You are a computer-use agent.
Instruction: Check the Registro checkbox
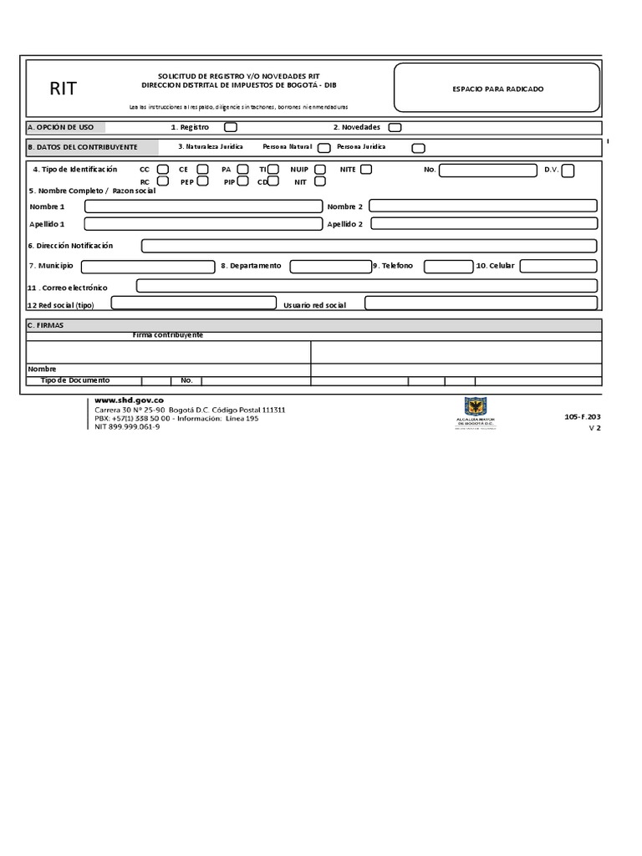231,127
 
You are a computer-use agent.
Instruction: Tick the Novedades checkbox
395,127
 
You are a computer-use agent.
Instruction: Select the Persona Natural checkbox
324,148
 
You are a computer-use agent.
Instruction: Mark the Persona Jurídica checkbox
419,148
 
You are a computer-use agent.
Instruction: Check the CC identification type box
163,170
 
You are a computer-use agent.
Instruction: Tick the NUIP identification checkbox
320,170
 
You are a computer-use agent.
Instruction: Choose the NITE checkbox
366,170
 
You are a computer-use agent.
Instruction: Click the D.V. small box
568,171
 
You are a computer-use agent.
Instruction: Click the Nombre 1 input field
203,206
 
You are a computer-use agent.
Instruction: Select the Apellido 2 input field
483,223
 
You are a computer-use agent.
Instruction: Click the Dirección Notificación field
369,246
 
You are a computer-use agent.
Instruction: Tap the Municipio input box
148,266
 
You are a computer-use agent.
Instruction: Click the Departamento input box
329,266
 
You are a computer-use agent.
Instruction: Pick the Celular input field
558,266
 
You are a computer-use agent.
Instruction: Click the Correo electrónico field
366,286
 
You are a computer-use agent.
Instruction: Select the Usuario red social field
481,303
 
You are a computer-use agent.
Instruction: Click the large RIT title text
64,89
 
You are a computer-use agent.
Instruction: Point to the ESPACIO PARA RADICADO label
497,89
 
